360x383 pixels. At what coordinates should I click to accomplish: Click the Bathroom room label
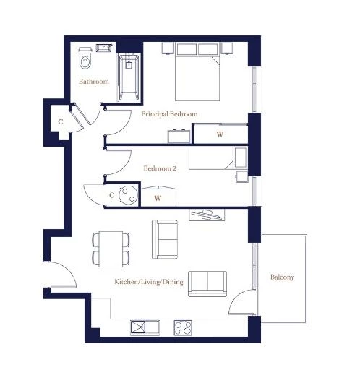[94, 82]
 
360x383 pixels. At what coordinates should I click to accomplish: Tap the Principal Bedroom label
[169, 114]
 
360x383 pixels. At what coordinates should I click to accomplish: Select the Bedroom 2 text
[160, 168]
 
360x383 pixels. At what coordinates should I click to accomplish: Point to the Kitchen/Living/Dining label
[149, 282]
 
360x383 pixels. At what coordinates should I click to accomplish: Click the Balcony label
[282, 277]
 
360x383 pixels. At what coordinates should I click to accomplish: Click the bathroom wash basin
[104, 48]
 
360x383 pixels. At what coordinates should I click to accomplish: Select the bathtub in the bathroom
[129, 77]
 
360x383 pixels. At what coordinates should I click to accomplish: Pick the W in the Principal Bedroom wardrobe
[220, 134]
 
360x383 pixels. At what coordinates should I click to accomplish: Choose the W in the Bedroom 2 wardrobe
[158, 198]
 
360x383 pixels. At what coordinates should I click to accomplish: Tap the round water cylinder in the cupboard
[128, 194]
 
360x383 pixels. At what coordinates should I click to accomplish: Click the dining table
[111, 249]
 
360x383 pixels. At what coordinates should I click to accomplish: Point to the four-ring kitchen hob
[183, 327]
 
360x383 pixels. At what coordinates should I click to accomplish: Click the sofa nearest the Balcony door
[207, 283]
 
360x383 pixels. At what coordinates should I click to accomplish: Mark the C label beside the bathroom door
[61, 121]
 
